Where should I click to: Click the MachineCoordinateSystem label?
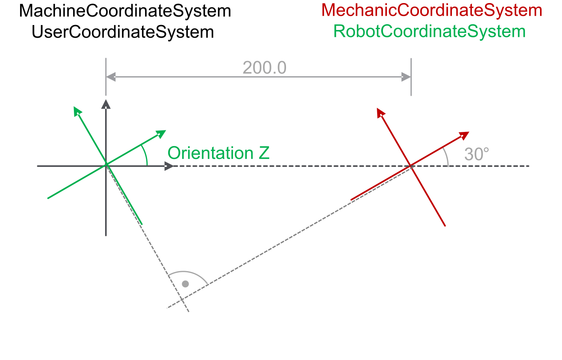(x=125, y=11)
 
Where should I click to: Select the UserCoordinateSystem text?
(x=123, y=32)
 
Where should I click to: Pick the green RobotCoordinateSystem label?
(x=429, y=31)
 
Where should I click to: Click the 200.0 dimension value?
(x=264, y=68)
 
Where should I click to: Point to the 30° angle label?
(x=477, y=154)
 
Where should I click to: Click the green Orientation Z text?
(x=218, y=153)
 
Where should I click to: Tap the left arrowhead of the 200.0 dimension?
(x=110, y=77)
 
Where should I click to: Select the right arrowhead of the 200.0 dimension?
(x=406, y=77)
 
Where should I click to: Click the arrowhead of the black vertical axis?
(x=106, y=104)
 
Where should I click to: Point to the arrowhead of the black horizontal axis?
(x=169, y=166)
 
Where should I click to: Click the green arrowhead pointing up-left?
(x=77, y=111)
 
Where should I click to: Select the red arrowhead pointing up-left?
(x=380, y=113)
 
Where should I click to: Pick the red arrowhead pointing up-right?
(x=464, y=135)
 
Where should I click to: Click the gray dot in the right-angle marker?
(x=186, y=284)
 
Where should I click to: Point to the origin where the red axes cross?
(x=411, y=166)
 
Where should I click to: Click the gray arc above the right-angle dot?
(x=186, y=272)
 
